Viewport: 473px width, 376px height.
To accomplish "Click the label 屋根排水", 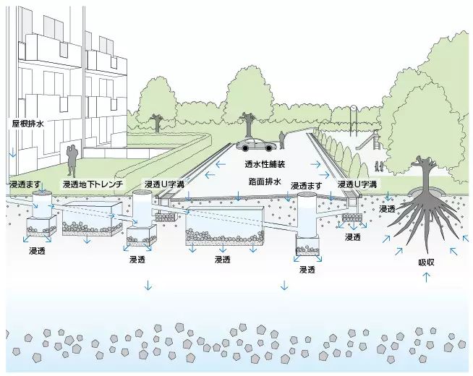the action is pos(28,124).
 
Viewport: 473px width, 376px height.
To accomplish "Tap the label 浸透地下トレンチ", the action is pos(93,184).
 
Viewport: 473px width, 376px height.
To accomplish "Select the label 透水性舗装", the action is pos(265,164).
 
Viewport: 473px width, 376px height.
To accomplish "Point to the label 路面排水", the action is pos(265,181).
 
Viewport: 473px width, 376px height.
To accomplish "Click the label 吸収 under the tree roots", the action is pos(426,262).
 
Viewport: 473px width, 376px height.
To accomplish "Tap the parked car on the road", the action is pos(256,145).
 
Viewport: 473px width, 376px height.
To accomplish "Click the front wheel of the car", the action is pos(246,148).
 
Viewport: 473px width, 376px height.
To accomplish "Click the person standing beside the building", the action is pos(72,161).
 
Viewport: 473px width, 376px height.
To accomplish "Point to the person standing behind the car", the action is pos(282,140).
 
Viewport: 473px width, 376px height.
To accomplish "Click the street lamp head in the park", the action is pos(354,108).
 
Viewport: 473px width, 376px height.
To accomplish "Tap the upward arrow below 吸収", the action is pos(426,277).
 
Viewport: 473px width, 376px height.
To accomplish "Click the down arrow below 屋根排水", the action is pos(13,153).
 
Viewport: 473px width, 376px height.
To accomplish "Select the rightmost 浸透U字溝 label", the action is pos(357,184).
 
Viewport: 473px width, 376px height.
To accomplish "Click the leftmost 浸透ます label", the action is pos(25,184).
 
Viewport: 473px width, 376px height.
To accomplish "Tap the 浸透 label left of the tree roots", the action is pos(387,209).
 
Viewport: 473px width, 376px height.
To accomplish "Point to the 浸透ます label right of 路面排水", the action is pos(307,186).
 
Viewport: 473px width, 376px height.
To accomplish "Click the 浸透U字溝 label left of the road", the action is pos(164,184).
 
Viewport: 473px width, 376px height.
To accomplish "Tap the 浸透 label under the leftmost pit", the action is pos(37,251).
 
